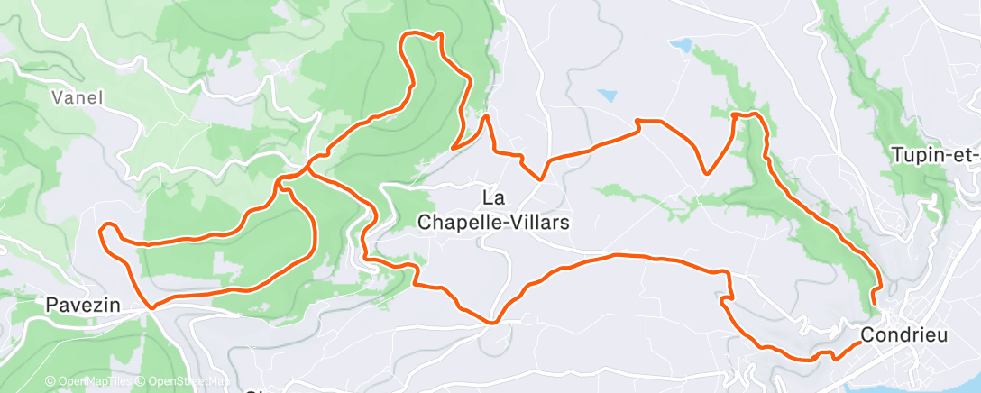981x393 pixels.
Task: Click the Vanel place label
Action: click(x=78, y=97)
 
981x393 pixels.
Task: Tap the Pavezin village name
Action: click(x=83, y=306)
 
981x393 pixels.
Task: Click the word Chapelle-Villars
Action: click(x=495, y=221)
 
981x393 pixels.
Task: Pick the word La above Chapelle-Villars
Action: click(x=494, y=196)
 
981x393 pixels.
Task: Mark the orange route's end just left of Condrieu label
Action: click(x=857, y=343)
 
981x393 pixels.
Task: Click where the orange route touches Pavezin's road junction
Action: click(x=151, y=306)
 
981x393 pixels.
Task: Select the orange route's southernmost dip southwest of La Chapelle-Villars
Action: click(x=492, y=321)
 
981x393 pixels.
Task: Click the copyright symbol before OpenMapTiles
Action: click(x=50, y=382)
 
